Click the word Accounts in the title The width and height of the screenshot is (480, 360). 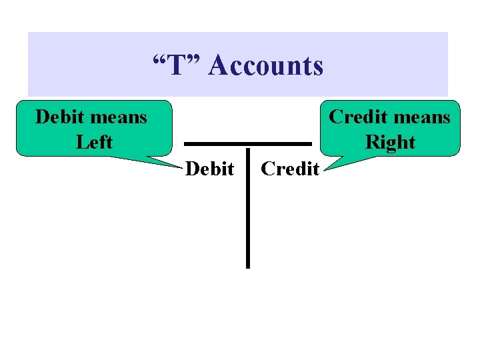[266, 65]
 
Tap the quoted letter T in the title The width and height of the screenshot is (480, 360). [176, 65]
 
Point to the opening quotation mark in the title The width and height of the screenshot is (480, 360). [159, 59]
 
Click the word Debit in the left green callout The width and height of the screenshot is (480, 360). [59, 117]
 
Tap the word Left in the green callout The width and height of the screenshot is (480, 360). [94, 142]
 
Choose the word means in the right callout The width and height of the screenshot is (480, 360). [421, 118]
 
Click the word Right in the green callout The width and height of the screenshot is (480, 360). [390, 143]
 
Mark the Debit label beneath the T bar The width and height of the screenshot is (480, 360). [209, 169]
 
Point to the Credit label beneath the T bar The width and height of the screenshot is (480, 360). [290, 169]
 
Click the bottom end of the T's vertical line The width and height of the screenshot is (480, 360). [247, 265]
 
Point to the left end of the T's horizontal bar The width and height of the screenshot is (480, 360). [186, 143]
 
